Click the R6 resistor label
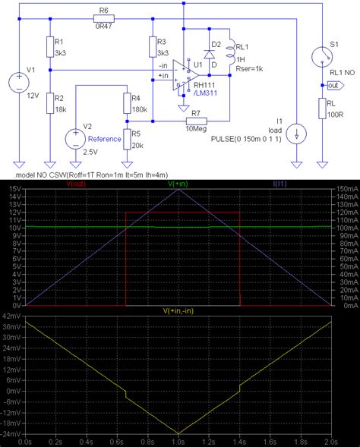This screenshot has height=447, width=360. [x=104, y=11]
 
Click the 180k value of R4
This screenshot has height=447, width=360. [x=140, y=110]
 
